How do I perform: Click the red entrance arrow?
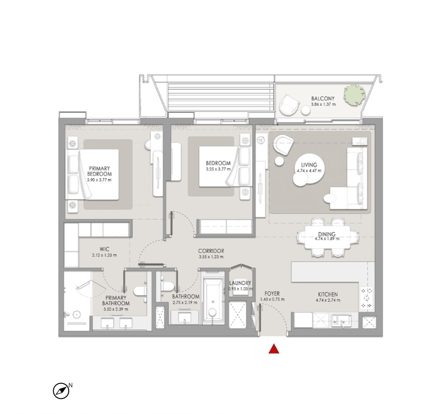(x=274, y=349)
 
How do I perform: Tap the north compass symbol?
(x=61, y=390)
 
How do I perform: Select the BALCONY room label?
(x=323, y=99)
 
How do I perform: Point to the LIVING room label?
(x=309, y=165)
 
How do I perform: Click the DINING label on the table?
(x=327, y=234)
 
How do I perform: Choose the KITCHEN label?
(x=328, y=294)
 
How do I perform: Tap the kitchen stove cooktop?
(x=367, y=298)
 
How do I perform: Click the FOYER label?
(x=272, y=294)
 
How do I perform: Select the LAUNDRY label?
(x=240, y=283)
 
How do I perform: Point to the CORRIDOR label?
(x=211, y=251)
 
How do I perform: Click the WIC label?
(x=104, y=249)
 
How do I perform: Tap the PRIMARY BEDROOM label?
(x=99, y=171)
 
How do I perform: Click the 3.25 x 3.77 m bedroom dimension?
(x=218, y=169)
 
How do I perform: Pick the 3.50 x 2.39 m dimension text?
(x=116, y=309)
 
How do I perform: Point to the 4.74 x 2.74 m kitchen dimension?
(x=328, y=300)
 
